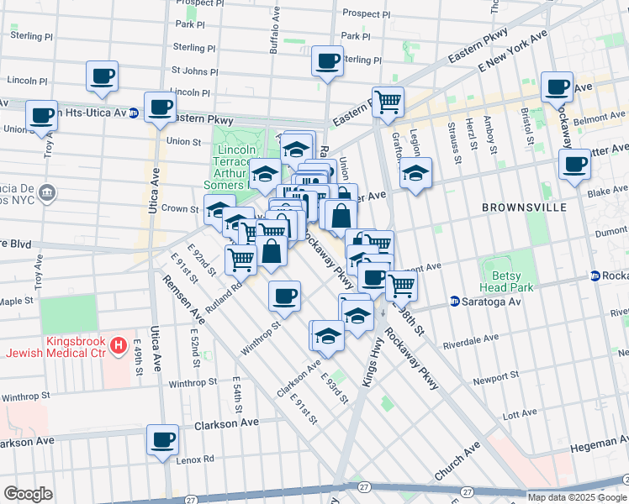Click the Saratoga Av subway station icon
[x=454, y=301]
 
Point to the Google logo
[x=29, y=493]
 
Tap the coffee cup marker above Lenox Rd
[x=162, y=439]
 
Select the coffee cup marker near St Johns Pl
[x=326, y=60]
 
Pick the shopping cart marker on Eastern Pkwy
[x=388, y=102]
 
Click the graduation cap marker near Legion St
[x=415, y=173]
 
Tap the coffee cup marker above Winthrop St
[x=284, y=296]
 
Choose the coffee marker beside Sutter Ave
[x=574, y=164]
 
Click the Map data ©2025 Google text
[x=577, y=496]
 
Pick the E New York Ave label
[x=512, y=53]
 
